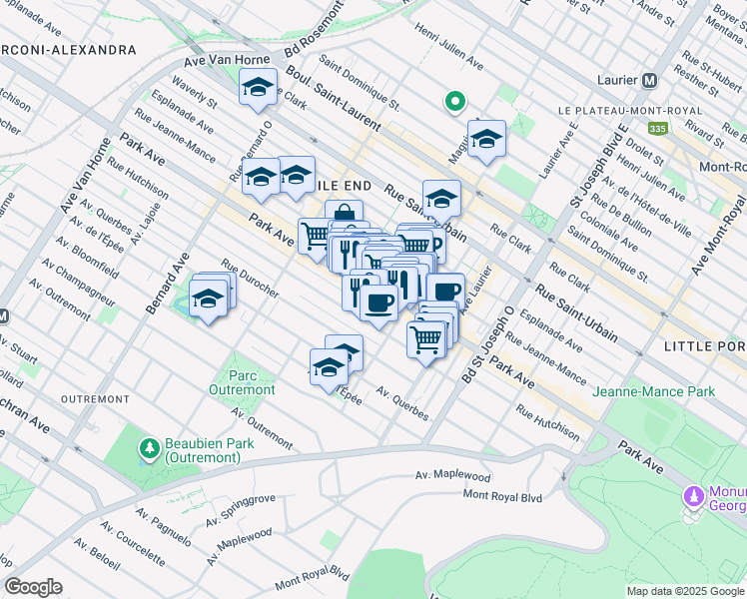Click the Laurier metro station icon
coord(649,80)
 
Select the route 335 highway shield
coord(656,128)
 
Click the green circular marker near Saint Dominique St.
coord(454,101)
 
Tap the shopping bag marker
coord(344,214)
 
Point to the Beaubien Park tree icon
coord(149,445)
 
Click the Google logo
coord(33,587)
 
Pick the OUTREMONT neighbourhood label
coord(94,398)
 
